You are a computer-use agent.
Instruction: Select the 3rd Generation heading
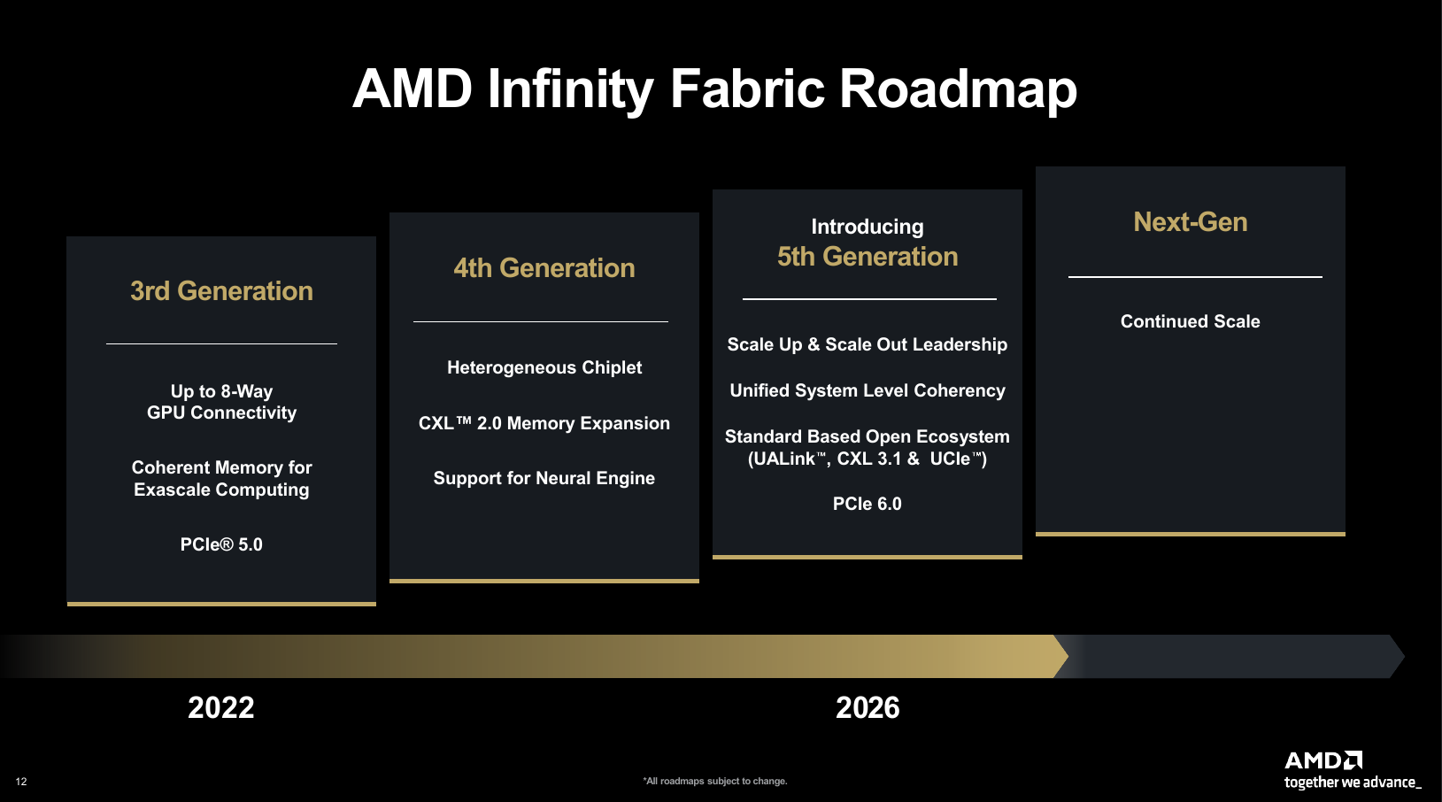point(221,291)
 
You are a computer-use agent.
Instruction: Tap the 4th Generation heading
point(544,267)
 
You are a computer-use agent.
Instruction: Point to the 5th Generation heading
point(868,256)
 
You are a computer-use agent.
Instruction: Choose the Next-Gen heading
point(1191,222)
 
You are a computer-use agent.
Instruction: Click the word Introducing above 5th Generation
point(868,227)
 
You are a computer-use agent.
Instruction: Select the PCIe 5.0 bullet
point(221,544)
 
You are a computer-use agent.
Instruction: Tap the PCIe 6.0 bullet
point(868,504)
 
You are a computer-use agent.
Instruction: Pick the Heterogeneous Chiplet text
point(544,367)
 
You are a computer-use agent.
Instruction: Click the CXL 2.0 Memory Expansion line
point(544,423)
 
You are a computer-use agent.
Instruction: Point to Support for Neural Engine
point(544,478)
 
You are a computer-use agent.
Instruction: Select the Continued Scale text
point(1191,321)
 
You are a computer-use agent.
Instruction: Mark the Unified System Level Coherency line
point(868,390)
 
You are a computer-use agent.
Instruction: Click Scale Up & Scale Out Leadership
point(868,344)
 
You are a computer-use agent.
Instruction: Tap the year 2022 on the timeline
point(220,707)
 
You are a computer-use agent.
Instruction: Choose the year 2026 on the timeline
point(868,707)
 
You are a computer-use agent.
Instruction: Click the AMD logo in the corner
point(1323,760)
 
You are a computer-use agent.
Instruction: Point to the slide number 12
point(21,782)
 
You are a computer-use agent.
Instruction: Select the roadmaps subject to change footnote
point(714,781)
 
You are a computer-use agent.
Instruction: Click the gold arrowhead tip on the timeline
point(1068,657)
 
